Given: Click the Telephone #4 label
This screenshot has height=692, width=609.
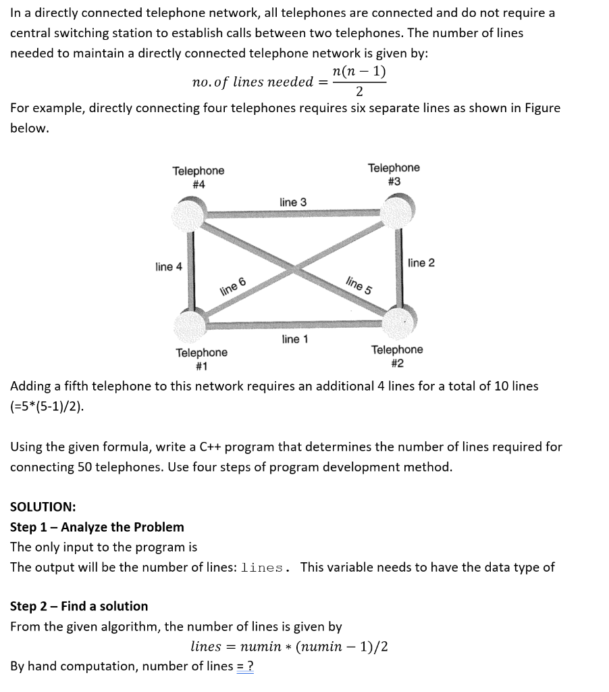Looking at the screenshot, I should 198,178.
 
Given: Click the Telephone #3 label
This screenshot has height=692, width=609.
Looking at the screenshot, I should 394,174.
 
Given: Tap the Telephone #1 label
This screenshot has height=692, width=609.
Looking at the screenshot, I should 201,360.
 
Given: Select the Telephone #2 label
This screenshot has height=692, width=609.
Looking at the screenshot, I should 397,356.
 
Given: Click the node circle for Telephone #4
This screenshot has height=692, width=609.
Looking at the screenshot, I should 188,214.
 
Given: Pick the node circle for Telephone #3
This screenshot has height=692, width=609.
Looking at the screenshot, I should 398,212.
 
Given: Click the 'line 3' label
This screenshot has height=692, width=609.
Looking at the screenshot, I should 292,203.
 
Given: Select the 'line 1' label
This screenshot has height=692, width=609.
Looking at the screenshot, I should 294,339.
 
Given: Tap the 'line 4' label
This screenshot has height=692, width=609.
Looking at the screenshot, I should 169,267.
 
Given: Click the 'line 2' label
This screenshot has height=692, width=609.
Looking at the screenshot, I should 421,263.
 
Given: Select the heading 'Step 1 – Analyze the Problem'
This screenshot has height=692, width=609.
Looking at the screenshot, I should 97,527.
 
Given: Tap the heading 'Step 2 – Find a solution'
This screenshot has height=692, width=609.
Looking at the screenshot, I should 79,606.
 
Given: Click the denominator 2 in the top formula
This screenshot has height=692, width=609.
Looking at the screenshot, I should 359,92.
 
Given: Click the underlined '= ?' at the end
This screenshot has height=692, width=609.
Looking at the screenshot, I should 246,666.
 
